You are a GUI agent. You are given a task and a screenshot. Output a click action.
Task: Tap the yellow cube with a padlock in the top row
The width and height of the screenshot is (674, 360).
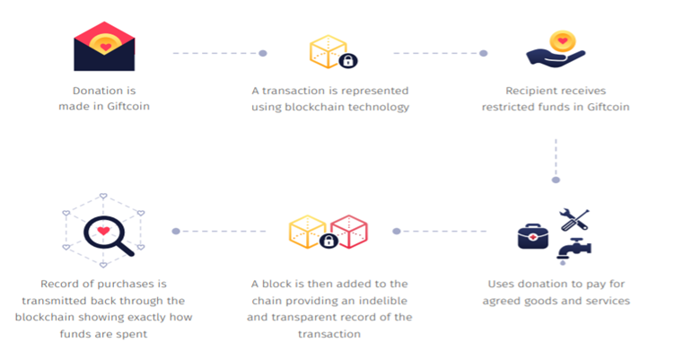point(328,50)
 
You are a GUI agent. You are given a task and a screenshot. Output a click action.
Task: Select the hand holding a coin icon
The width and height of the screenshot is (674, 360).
point(556,49)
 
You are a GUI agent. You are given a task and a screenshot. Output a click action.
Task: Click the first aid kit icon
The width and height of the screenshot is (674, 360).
point(532,235)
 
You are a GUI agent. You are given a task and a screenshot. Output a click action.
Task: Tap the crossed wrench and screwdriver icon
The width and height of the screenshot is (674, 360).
point(574,217)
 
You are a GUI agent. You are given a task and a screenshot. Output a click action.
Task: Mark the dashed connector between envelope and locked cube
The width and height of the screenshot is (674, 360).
point(215,53)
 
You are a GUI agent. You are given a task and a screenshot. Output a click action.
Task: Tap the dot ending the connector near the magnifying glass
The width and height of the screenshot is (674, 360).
point(176,232)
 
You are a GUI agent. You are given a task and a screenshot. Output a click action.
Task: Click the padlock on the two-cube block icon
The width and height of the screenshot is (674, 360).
point(328,241)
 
